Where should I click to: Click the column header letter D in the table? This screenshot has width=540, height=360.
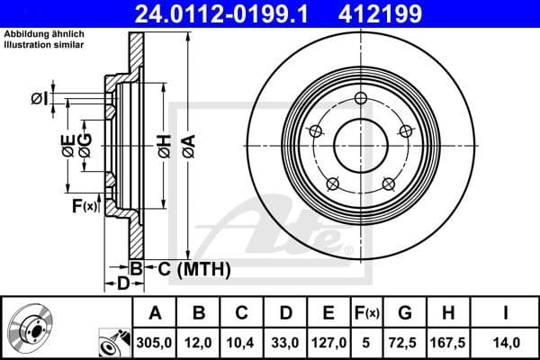pyautogui.click(x=285, y=313)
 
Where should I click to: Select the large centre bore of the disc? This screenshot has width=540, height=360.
pyautogui.click(x=361, y=144)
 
